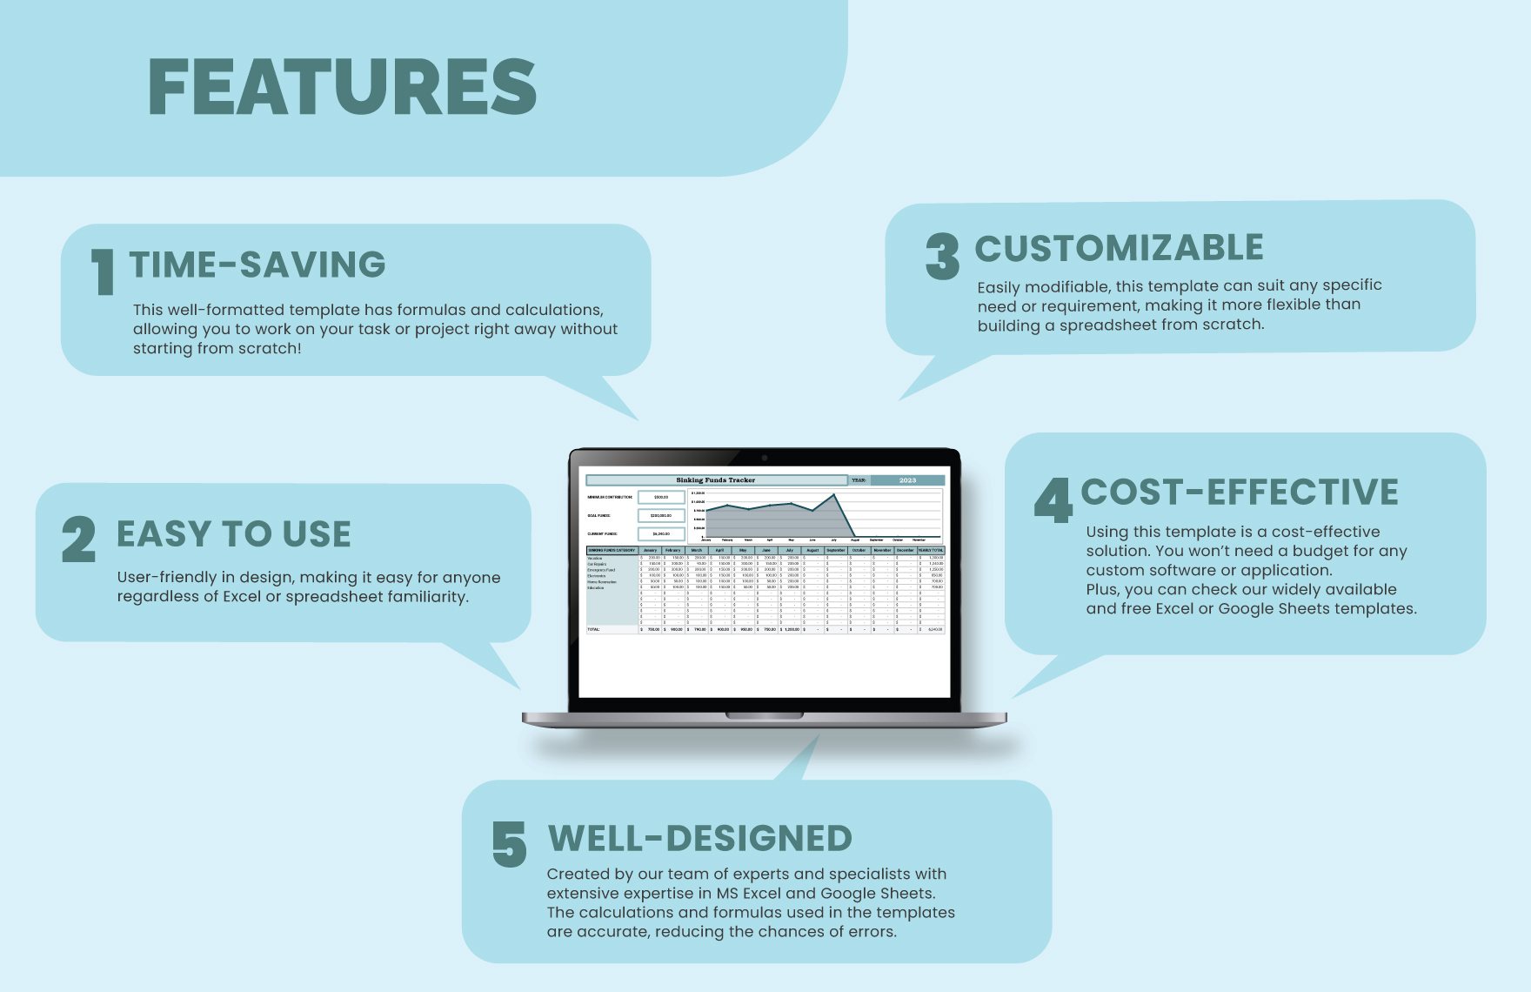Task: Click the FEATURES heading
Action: click(342, 87)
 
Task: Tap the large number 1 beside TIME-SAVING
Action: click(104, 271)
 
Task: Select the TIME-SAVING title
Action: click(257, 265)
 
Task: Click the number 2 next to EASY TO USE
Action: click(78, 540)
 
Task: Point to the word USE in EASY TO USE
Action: click(318, 534)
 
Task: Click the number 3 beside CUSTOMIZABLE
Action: click(942, 256)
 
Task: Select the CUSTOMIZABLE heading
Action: click(1119, 248)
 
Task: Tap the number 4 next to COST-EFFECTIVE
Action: click(1053, 500)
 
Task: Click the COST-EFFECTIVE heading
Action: click(1239, 493)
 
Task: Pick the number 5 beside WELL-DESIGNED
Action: click(509, 845)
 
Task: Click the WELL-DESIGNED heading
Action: click(699, 839)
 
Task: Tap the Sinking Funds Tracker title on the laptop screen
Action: click(715, 480)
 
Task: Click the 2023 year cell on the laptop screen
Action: click(907, 480)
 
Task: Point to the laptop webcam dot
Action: click(765, 458)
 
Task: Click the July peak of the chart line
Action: click(834, 495)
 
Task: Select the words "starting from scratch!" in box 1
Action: click(217, 348)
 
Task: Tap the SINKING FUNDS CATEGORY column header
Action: click(612, 550)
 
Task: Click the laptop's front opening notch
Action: click(764, 716)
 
